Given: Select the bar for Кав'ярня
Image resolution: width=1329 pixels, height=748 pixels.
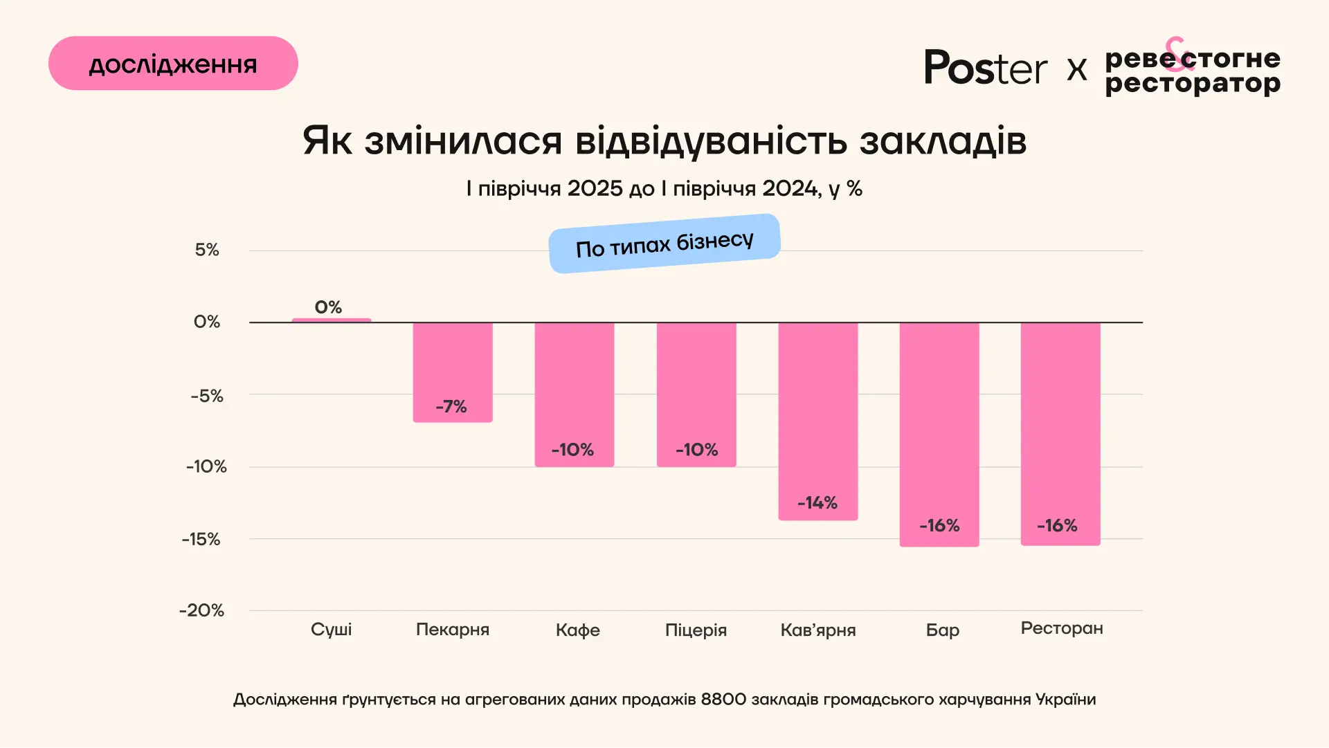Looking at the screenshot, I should (818, 415).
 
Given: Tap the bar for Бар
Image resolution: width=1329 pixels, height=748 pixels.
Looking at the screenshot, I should (939, 429).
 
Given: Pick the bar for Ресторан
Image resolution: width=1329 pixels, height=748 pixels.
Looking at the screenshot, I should (1060, 429).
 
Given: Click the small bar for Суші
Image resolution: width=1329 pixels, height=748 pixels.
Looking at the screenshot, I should (332, 320).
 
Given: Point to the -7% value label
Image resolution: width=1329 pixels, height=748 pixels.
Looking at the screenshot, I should (451, 407).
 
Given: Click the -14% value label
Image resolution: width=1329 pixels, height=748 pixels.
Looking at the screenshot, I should (817, 503).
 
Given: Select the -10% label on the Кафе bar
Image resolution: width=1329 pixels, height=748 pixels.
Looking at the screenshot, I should (572, 450).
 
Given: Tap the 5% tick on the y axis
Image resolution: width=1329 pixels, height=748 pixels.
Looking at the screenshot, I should (207, 250).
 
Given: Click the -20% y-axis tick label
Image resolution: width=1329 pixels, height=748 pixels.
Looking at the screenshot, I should (202, 610).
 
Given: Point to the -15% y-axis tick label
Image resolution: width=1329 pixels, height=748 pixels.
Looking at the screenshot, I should (201, 539).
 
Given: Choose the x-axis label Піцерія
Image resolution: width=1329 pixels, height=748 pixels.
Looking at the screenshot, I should (696, 630).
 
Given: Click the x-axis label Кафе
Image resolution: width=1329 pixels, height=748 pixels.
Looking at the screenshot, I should (578, 630).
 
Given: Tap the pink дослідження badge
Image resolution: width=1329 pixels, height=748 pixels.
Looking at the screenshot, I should (173, 64).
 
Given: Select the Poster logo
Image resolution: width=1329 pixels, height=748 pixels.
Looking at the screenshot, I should (986, 68).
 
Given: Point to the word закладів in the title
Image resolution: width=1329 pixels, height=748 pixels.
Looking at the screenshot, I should (943, 141).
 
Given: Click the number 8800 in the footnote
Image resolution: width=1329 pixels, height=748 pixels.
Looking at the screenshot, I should (723, 700).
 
